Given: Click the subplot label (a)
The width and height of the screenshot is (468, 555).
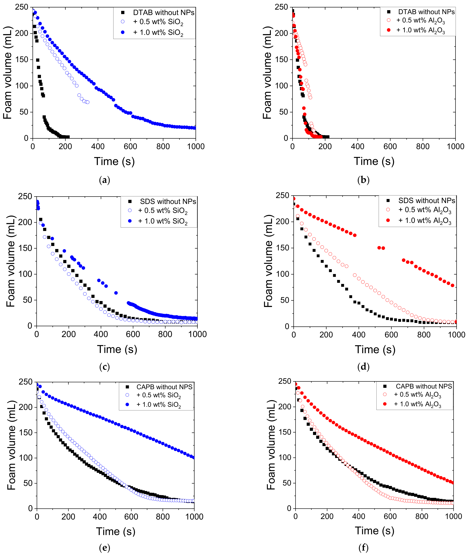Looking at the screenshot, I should (x=104, y=180).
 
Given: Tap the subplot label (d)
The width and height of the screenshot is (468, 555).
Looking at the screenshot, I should (x=363, y=367).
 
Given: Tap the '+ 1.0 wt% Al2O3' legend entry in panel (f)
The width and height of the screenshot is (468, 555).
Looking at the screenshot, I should (x=417, y=404).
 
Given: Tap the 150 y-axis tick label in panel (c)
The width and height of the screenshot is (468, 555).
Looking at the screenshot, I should (x=25, y=248).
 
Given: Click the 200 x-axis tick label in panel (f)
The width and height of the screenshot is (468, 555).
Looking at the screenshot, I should (x=327, y=516).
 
